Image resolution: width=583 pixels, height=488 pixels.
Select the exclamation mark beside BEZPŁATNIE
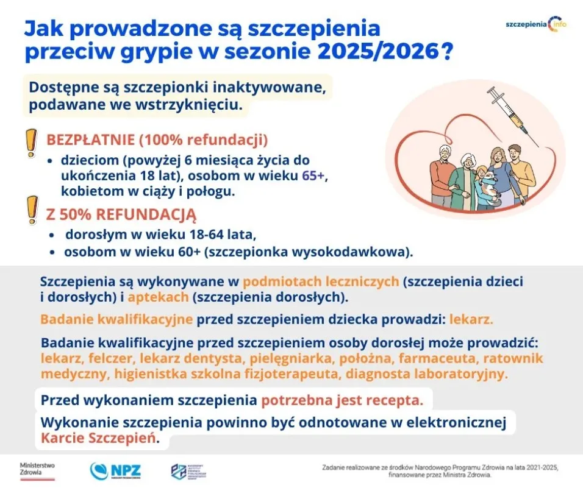(29, 144)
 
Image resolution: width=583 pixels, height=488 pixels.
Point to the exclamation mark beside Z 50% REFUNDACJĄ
(29, 210)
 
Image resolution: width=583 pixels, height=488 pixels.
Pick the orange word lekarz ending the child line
(471, 319)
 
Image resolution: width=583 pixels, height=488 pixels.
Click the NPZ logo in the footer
(115, 470)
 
